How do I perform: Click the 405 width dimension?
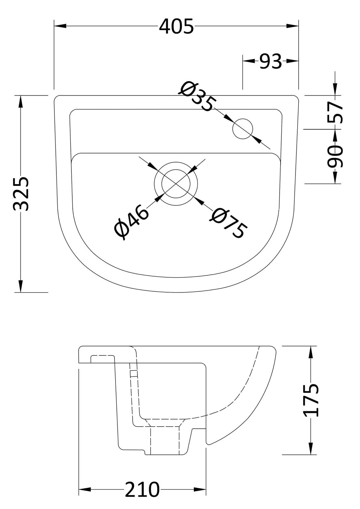(x=176, y=26)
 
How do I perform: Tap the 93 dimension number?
(x=270, y=61)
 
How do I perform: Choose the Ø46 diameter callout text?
(x=131, y=222)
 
